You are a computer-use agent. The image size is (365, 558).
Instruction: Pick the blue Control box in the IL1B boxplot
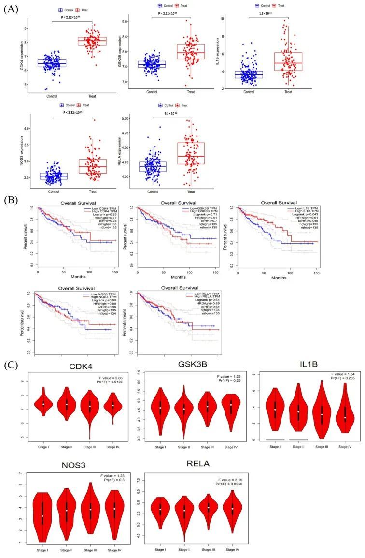249,74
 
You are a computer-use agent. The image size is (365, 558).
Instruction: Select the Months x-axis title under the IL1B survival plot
279,278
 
